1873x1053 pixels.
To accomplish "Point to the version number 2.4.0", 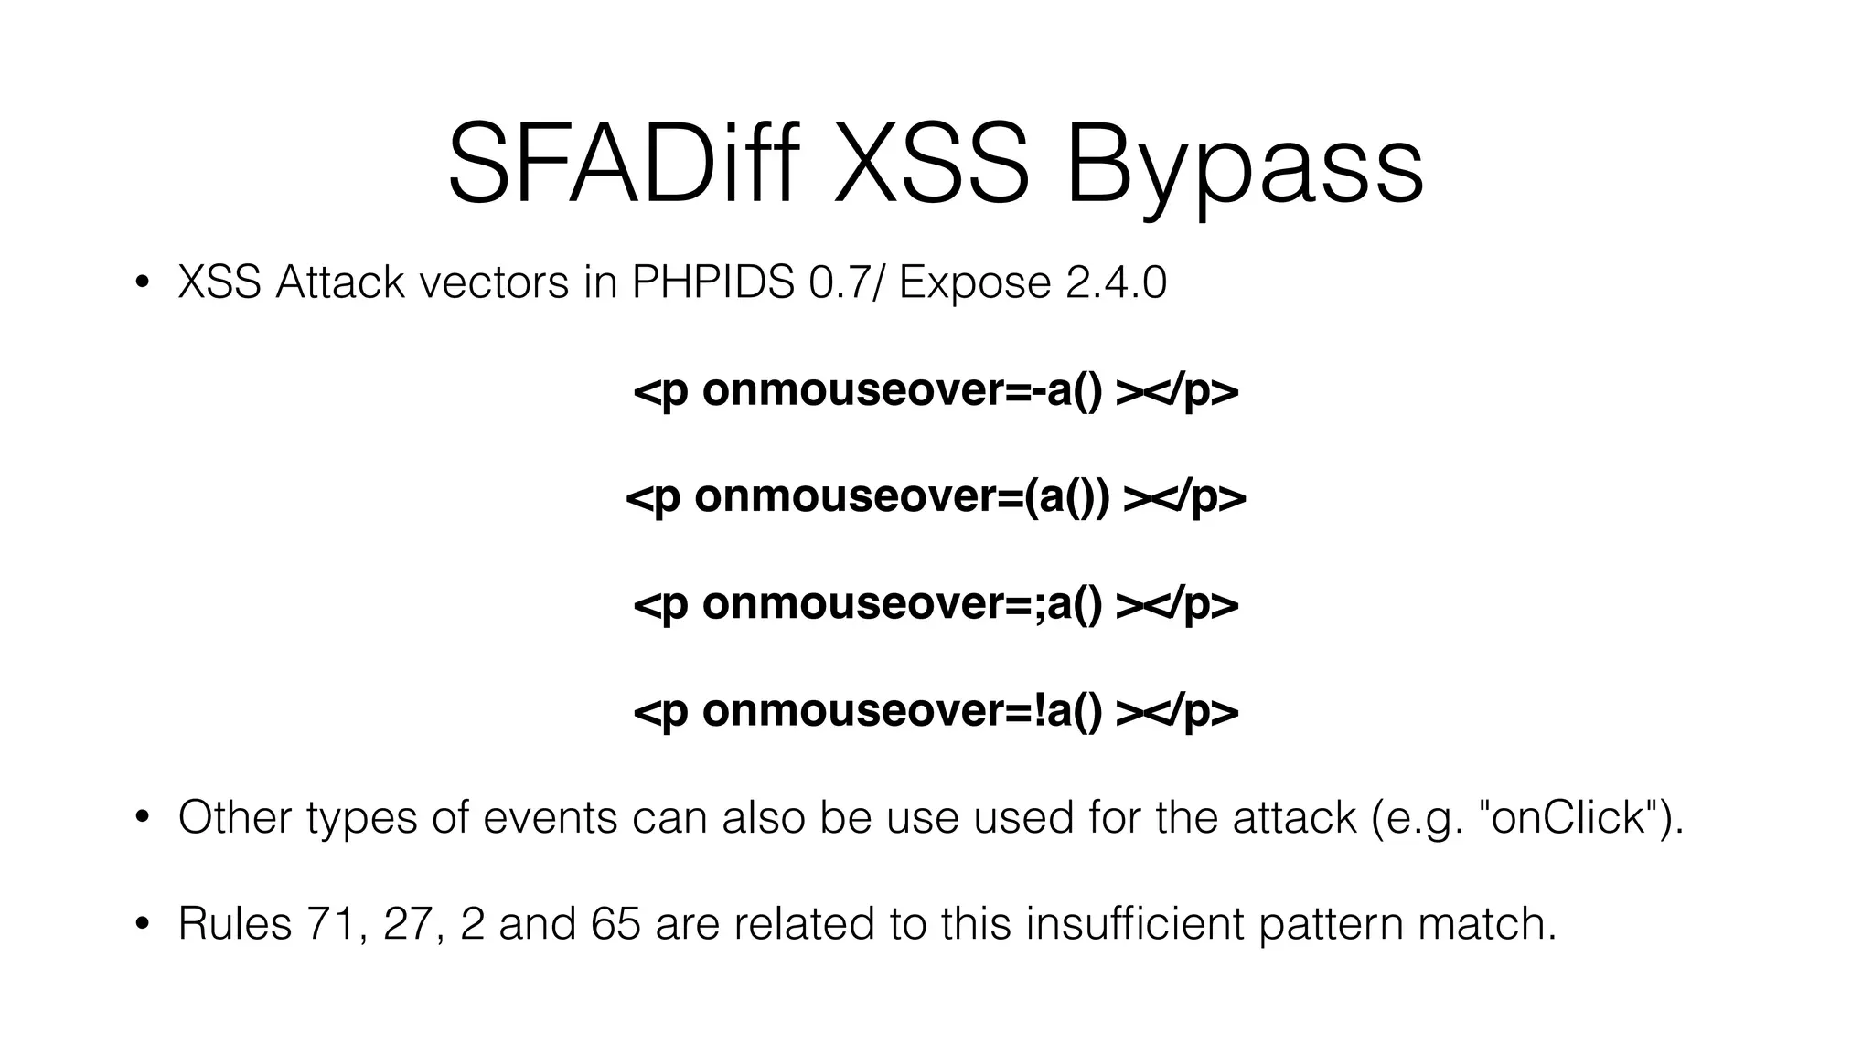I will click(1116, 283).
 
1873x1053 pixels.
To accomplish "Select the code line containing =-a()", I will click(936, 391).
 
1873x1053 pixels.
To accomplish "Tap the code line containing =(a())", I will click(936, 497).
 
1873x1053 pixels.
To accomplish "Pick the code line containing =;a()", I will click(936, 603).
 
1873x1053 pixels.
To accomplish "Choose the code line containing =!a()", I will click(936, 710).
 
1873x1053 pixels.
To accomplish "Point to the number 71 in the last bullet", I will click(334, 923).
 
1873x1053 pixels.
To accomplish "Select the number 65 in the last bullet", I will click(615, 923).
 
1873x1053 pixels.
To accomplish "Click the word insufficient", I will click(1135, 923).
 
